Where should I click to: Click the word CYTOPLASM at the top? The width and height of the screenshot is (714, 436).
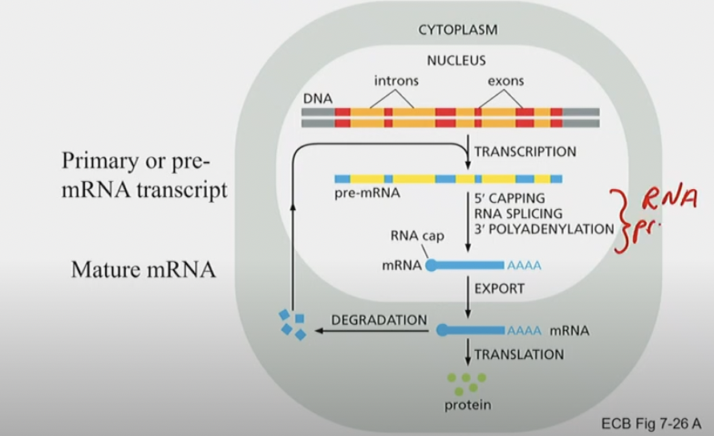[457, 30]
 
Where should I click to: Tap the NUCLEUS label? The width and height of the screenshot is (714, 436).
[456, 59]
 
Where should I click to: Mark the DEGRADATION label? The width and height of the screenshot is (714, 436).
[379, 320]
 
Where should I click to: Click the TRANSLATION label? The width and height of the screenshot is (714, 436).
[519, 353]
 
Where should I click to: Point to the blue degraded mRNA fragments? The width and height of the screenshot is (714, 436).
[293, 323]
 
